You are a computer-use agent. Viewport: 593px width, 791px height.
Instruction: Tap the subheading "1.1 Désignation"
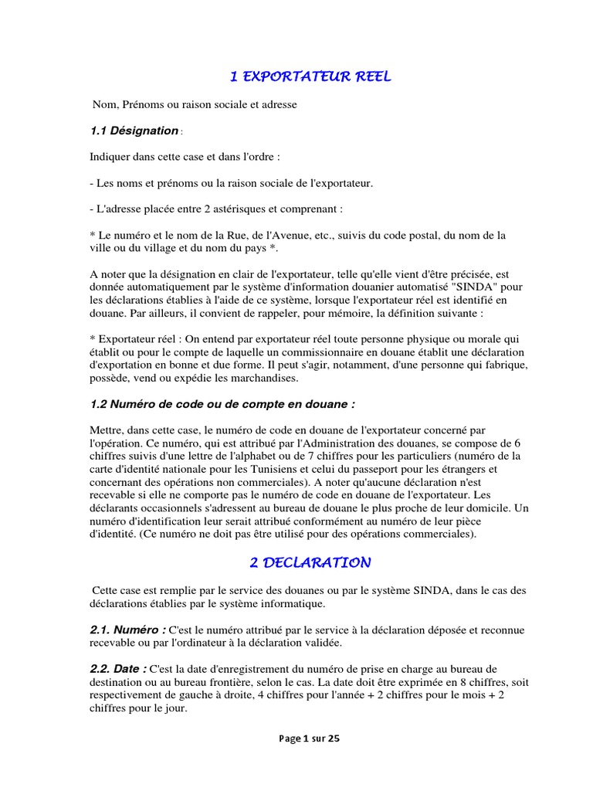(x=134, y=131)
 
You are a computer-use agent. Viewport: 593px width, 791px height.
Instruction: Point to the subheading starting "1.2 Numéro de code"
(x=222, y=403)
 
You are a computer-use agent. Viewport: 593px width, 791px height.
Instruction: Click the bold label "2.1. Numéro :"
(x=127, y=630)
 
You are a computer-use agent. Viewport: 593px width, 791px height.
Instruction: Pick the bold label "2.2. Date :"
(x=118, y=668)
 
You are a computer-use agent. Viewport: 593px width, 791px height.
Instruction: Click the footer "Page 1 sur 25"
(x=310, y=738)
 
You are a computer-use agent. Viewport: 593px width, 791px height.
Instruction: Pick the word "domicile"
(x=475, y=508)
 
